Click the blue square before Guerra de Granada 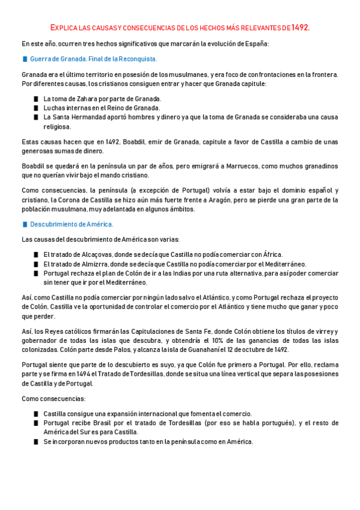pos(25,59)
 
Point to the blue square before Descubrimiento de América pos(25,224)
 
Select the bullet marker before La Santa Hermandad pos(37,117)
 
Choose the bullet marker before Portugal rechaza pos(37,273)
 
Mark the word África pos(270,254)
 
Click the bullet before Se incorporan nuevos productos pos(37,441)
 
